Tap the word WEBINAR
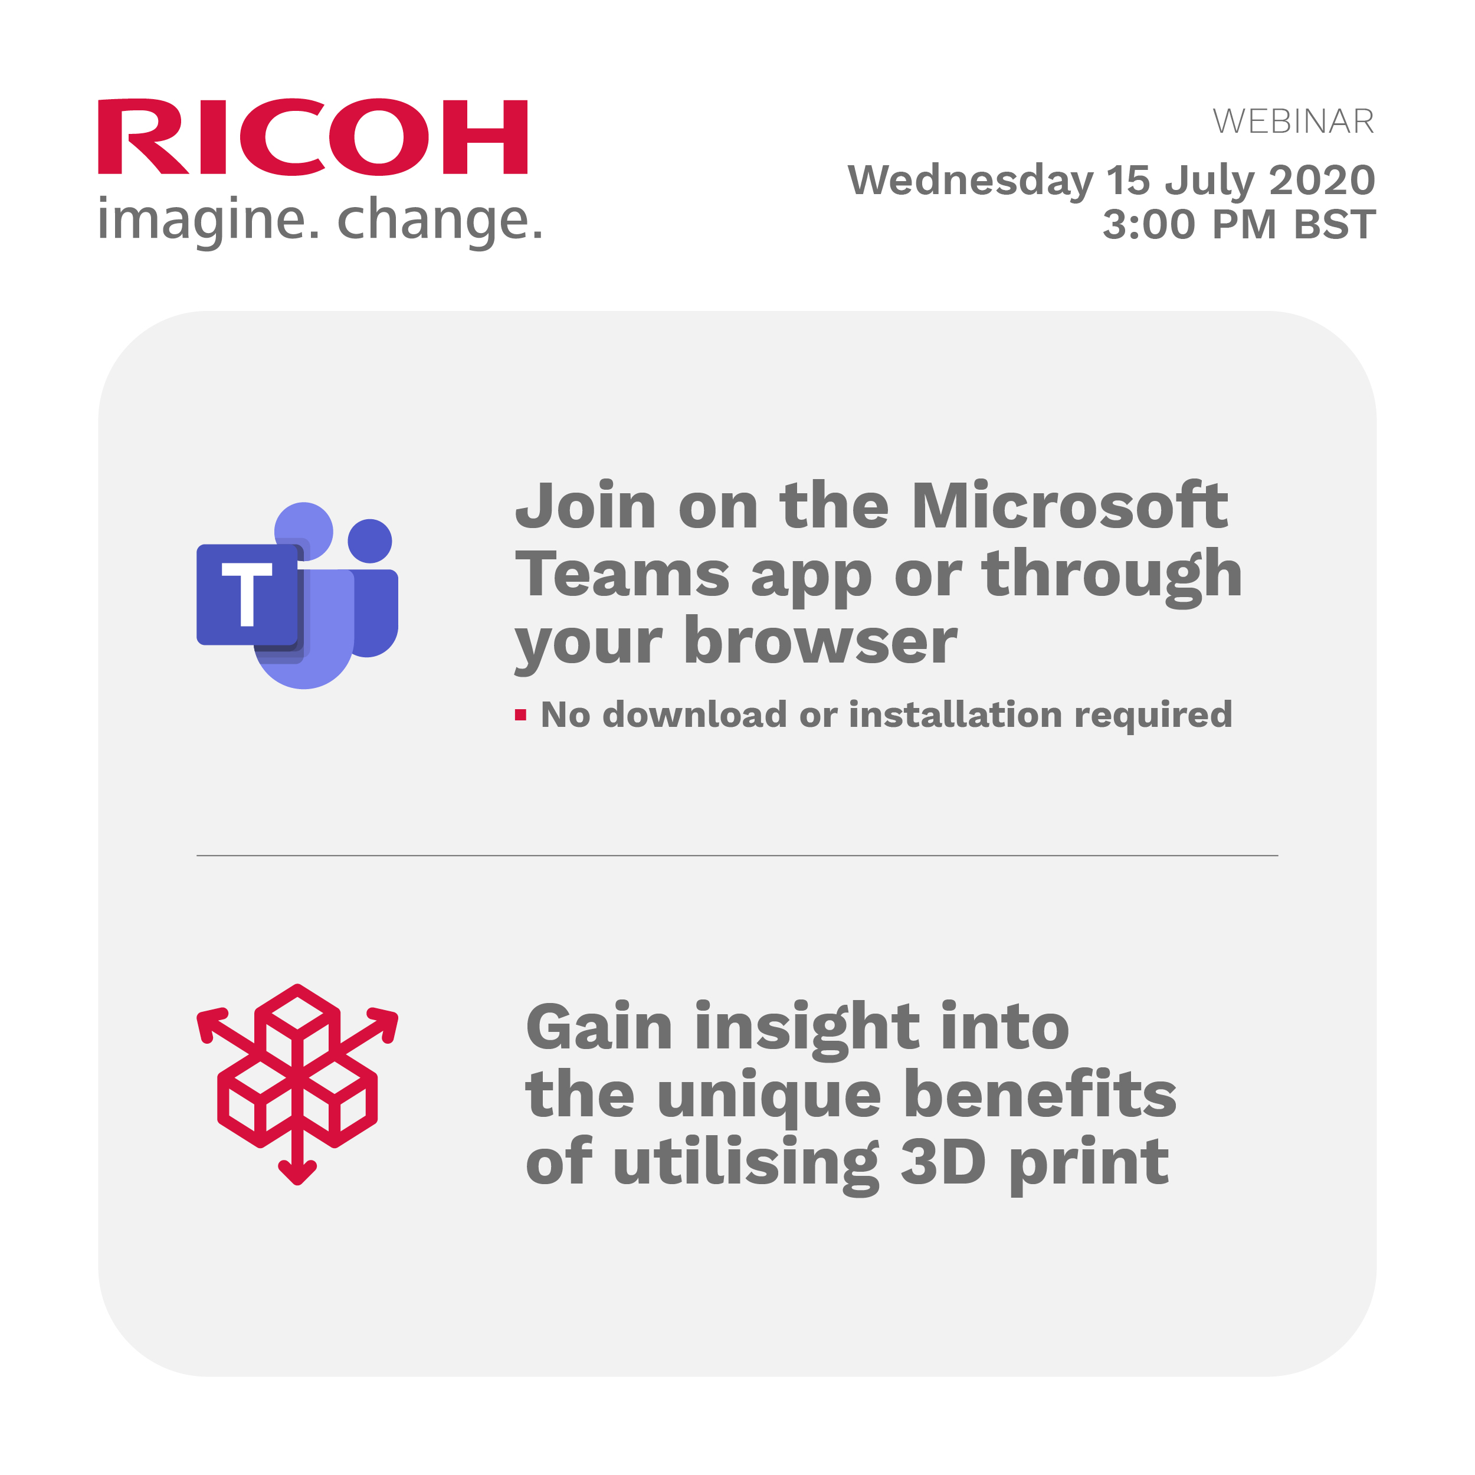point(1293,122)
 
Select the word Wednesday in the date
point(971,181)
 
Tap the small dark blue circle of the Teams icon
point(369,541)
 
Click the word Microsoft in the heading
point(1070,506)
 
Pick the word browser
point(820,641)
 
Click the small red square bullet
point(521,715)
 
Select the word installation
point(955,714)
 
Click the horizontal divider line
point(737,856)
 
